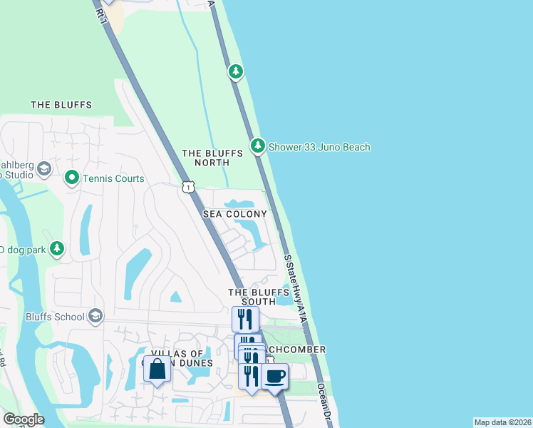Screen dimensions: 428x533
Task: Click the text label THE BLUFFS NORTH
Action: (x=205, y=158)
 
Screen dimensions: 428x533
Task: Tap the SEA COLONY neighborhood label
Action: (x=234, y=214)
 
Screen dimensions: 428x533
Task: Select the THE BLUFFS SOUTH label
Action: (x=252, y=297)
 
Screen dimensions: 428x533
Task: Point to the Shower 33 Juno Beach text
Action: (x=319, y=148)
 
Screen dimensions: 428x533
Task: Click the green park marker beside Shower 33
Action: (x=257, y=147)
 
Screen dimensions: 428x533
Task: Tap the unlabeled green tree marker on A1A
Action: (x=236, y=71)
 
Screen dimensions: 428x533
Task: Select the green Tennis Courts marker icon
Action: (x=71, y=178)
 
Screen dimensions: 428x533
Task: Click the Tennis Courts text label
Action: (x=113, y=178)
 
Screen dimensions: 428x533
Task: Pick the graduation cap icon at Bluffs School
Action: (x=95, y=316)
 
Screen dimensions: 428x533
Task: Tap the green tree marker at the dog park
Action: (x=57, y=249)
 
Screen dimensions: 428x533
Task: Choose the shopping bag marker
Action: (x=157, y=369)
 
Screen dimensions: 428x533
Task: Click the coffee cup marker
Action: (x=274, y=376)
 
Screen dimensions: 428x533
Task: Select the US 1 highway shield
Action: (x=187, y=186)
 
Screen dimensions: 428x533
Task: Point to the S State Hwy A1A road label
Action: (x=295, y=288)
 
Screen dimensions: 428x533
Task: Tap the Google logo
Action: (x=24, y=419)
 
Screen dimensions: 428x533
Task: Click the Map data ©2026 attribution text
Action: (x=502, y=422)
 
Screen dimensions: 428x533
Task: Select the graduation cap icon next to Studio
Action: (x=44, y=168)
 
